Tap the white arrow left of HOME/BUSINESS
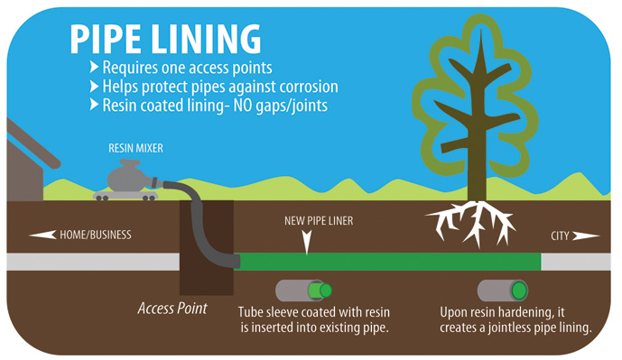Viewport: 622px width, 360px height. click(x=42, y=235)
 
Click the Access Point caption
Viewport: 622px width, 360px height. click(x=172, y=309)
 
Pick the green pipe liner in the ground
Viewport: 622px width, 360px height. click(x=388, y=262)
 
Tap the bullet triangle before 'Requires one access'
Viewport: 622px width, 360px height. click(x=95, y=69)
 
